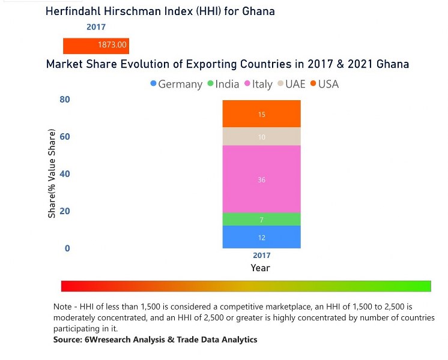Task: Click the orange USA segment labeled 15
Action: (261, 114)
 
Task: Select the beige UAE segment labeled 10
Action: (261, 137)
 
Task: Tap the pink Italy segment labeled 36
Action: (261, 179)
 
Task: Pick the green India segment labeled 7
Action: (261, 220)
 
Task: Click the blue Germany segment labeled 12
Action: (261, 237)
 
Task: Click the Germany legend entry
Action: (176, 84)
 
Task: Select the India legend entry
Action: (223, 84)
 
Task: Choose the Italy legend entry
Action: (258, 84)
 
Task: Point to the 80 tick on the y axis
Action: (65, 100)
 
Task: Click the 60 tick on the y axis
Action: (65, 137)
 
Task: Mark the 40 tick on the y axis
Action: (65, 174)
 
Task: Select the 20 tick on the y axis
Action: (65, 211)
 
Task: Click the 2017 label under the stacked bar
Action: (261, 256)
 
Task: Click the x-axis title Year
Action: (261, 268)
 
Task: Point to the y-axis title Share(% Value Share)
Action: (52, 173)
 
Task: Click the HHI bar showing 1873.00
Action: (96, 45)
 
